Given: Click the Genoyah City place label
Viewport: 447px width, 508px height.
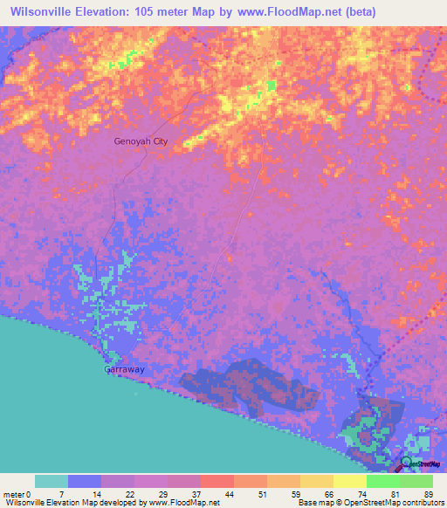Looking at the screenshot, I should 140,141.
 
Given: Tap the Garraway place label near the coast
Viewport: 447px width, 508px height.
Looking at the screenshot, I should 125,369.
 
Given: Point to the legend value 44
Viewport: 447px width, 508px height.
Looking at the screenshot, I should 216,494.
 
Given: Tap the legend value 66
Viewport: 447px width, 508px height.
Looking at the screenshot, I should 315,494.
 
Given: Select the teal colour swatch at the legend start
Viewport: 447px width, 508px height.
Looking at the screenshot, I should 52,481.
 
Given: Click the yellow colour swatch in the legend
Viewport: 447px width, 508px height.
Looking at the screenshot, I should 349,481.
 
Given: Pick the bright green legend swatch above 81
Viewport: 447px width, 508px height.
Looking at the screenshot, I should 382,481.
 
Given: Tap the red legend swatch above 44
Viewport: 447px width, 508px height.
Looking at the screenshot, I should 217,481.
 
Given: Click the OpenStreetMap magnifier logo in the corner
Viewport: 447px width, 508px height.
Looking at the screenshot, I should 408,463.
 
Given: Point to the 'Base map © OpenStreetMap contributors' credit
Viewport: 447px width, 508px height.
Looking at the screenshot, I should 369,504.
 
